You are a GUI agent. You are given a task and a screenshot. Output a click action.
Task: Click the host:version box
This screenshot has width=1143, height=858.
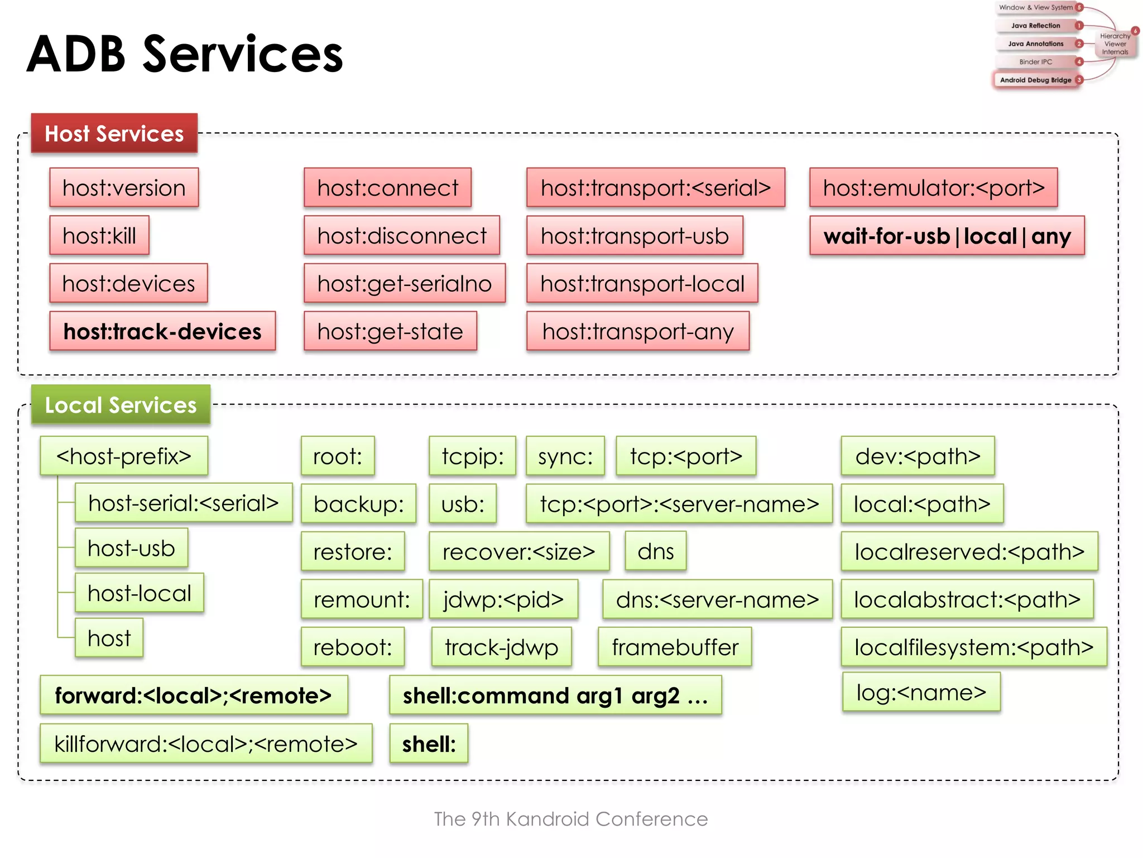click(x=124, y=188)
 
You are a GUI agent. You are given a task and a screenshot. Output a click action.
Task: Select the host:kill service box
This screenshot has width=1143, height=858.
click(x=99, y=236)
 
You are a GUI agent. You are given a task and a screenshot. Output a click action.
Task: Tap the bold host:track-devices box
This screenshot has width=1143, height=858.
click(x=162, y=331)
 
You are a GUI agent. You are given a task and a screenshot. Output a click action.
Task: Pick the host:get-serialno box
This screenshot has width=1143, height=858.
click(x=405, y=284)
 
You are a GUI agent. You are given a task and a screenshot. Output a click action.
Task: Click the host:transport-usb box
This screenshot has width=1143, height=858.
click(x=635, y=236)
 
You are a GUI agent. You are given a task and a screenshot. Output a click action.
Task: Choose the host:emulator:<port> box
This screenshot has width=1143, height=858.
click(x=933, y=188)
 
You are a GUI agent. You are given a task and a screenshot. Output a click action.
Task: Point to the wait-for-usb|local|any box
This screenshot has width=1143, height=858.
click(x=947, y=236)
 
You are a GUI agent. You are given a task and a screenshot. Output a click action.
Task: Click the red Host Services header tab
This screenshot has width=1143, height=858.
click(x=114, y=134)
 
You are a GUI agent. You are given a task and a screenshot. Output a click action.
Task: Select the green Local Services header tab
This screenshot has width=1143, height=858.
click(x=121, y=405)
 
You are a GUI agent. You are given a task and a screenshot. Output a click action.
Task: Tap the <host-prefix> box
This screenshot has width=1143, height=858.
click(x=124, y=456)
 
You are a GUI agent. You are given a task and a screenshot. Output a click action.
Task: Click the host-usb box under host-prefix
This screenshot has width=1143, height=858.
click(x=131, y=549)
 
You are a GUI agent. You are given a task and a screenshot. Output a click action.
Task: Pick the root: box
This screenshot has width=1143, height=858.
click(x=338, y=456)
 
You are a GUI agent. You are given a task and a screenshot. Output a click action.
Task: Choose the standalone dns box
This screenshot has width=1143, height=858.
click(x=655, y=552)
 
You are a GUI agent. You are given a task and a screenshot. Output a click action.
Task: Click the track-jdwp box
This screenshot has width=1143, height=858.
click(x=501, y=647)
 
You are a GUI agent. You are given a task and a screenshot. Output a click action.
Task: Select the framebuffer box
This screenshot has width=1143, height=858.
click(x=675, y=647)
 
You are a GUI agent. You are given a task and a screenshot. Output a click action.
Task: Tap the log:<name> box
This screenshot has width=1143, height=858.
click(x=921, y=693)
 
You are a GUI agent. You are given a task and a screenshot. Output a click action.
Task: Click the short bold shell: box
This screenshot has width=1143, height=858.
click(x=429, y=744)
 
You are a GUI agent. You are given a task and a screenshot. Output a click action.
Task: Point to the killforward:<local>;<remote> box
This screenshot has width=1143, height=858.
click(x=206, y=744)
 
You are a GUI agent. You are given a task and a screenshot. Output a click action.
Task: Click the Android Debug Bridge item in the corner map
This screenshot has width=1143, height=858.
click(x=1035, y=80)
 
